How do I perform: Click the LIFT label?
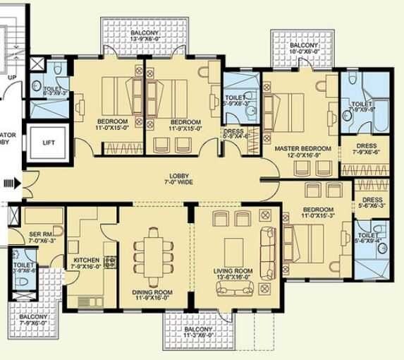(x=48, y=143)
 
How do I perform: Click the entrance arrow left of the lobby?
(x=9, y=184)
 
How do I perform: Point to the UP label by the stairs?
(x=11, y=78)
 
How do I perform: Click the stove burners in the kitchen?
(x=110, y=262)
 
